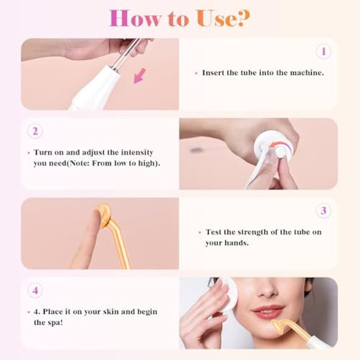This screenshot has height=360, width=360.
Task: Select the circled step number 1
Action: click(x=323, y=52)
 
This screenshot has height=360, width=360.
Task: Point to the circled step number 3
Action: click(x=323, y=211)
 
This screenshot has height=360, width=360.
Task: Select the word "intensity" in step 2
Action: click(x=142, y=152)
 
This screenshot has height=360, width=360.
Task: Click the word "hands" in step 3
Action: click(x=235, y=243)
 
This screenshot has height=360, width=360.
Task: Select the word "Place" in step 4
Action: click(x=59, y=312)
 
